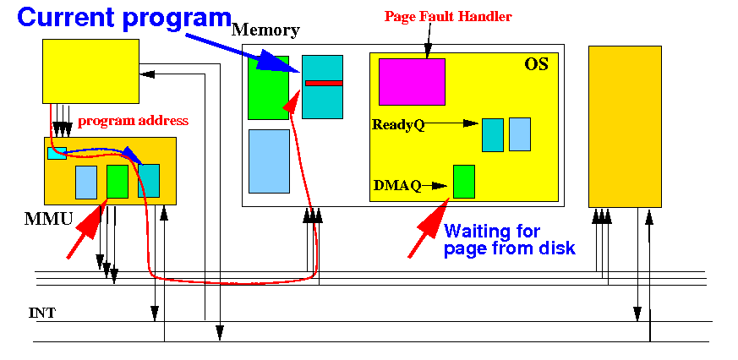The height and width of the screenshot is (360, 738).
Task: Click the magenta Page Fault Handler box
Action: (412, 81)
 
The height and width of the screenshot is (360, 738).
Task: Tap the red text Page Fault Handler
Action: (448, 16)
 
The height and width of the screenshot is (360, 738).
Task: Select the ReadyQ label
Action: (398, 125)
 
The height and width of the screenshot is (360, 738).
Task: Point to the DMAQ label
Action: (396, 185)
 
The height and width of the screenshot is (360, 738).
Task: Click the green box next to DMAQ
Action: (463, 182)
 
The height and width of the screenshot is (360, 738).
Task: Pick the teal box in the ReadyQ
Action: (493, 135)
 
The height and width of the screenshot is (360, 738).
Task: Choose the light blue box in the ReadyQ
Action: (520, 134)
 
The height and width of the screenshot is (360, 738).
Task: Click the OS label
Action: (537, 64)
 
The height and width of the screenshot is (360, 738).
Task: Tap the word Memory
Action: (266, 30)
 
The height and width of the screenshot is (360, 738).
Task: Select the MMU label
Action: (48, 219)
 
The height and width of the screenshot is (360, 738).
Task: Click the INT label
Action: (42, 313)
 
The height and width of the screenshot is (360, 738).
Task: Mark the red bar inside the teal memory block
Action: (324, 84)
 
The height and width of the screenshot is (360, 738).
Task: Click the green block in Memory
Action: (268, 88)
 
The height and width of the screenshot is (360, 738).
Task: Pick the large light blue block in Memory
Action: (269, 161)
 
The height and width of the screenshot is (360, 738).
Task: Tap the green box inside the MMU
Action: (118, 181)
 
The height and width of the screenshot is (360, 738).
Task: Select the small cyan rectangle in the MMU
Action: (57, 153)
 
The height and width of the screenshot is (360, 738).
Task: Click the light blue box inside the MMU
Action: (86, 183)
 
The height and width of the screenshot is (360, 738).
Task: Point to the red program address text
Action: (134, 121)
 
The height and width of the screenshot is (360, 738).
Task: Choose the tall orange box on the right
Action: (625, 127)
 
